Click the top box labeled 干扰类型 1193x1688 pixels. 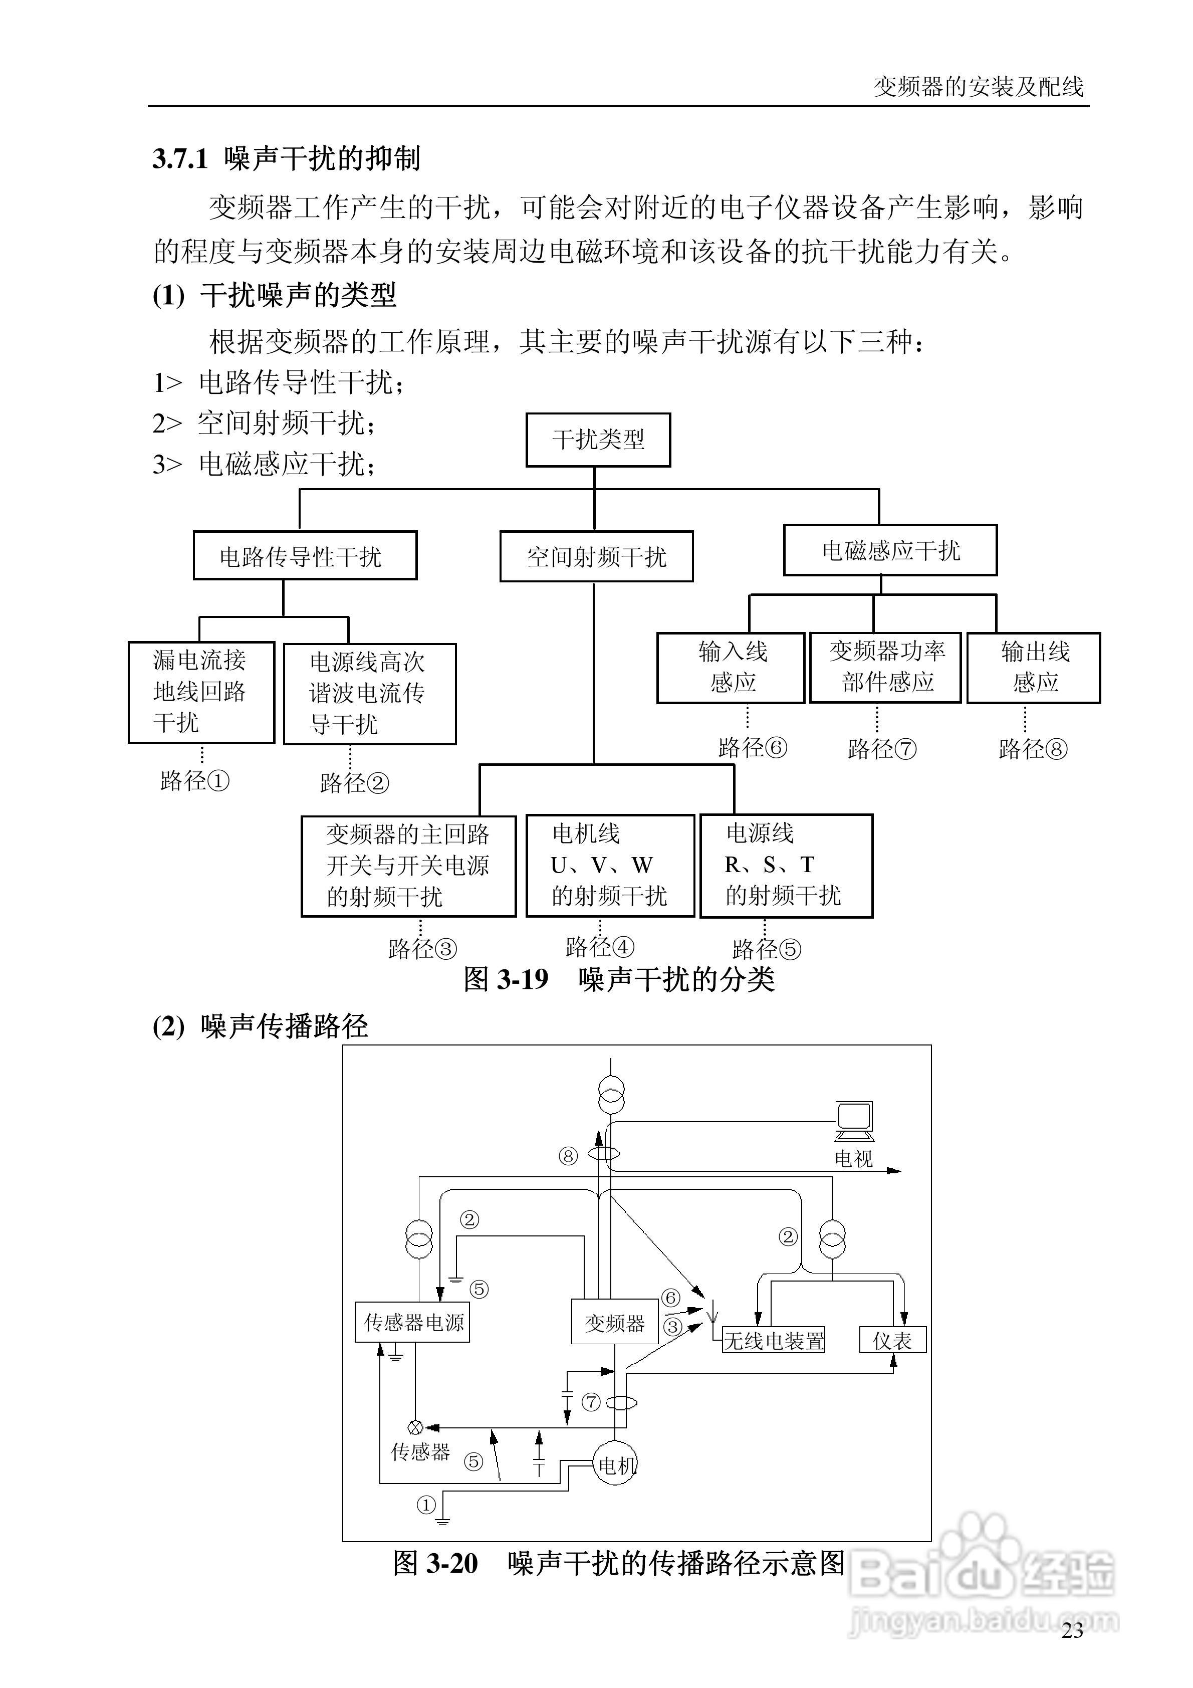(x=598, y=440)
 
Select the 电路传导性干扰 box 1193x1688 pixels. (x=304, y=556)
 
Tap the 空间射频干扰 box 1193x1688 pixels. (x=596, y=556)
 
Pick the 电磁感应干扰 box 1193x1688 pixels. (x=889, y=550)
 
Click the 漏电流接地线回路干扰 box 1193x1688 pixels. (x=201, y=692)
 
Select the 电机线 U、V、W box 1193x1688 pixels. (x=609, y=866)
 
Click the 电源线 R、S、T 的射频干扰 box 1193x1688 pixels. (x=786, y=866)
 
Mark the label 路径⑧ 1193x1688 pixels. (x=1032, y=749)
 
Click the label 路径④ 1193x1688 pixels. (x=599, y=947)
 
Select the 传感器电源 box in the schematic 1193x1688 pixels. (x=412, y=1323)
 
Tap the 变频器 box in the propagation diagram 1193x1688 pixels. (x=614, y=1323)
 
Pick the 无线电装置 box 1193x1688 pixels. (x=773, y=1340)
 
